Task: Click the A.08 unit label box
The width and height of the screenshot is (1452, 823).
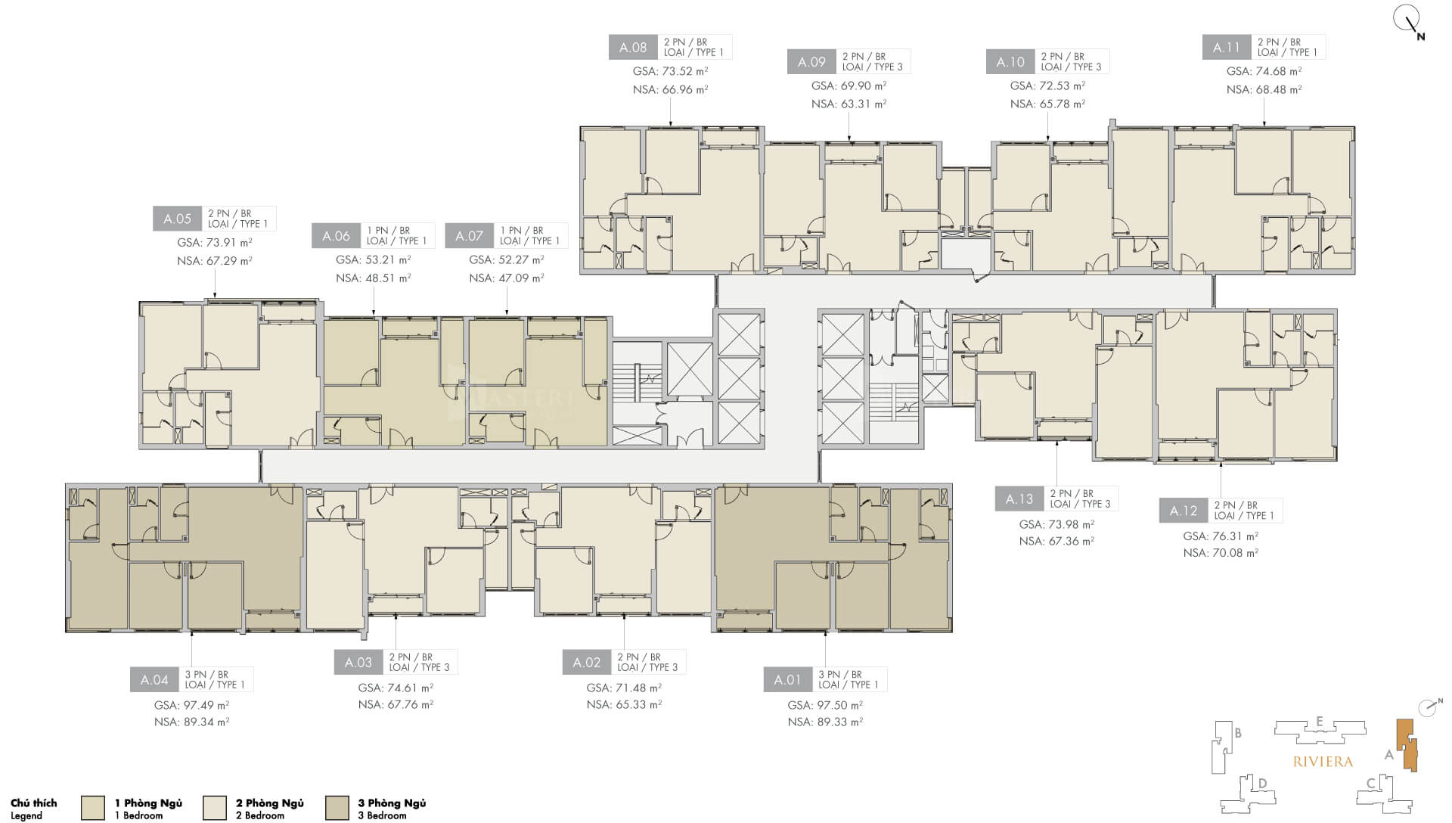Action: (633, 47)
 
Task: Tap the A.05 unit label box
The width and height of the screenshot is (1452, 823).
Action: (178, 219)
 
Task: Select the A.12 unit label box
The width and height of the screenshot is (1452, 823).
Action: (1184, 511)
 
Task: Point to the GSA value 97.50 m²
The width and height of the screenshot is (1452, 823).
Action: (825, 705)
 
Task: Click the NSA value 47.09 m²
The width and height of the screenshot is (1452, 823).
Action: (507, 278)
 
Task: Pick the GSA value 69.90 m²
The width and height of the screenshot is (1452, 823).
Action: (849, 86)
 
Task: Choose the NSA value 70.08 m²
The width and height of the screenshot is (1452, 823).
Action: (1221, 553)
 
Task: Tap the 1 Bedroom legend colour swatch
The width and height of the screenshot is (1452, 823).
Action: (92, 808)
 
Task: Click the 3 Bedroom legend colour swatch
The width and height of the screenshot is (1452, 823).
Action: (337, 808)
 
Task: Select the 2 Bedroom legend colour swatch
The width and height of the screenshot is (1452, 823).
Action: (215, 808)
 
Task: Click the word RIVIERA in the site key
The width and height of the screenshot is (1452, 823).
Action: (1323, 762)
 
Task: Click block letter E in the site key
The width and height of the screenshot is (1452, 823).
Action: (1319, 721)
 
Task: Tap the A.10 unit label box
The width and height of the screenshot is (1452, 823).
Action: (1010, 62)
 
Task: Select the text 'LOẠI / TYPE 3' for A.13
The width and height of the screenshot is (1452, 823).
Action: (1080, 505)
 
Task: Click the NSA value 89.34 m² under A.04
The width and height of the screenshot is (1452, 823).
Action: (191, 722)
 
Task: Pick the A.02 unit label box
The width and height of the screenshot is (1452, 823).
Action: (587, 663)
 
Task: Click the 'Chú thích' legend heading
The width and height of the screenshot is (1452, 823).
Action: (34, 803)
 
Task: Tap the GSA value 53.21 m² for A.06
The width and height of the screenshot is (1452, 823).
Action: (374, 259)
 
